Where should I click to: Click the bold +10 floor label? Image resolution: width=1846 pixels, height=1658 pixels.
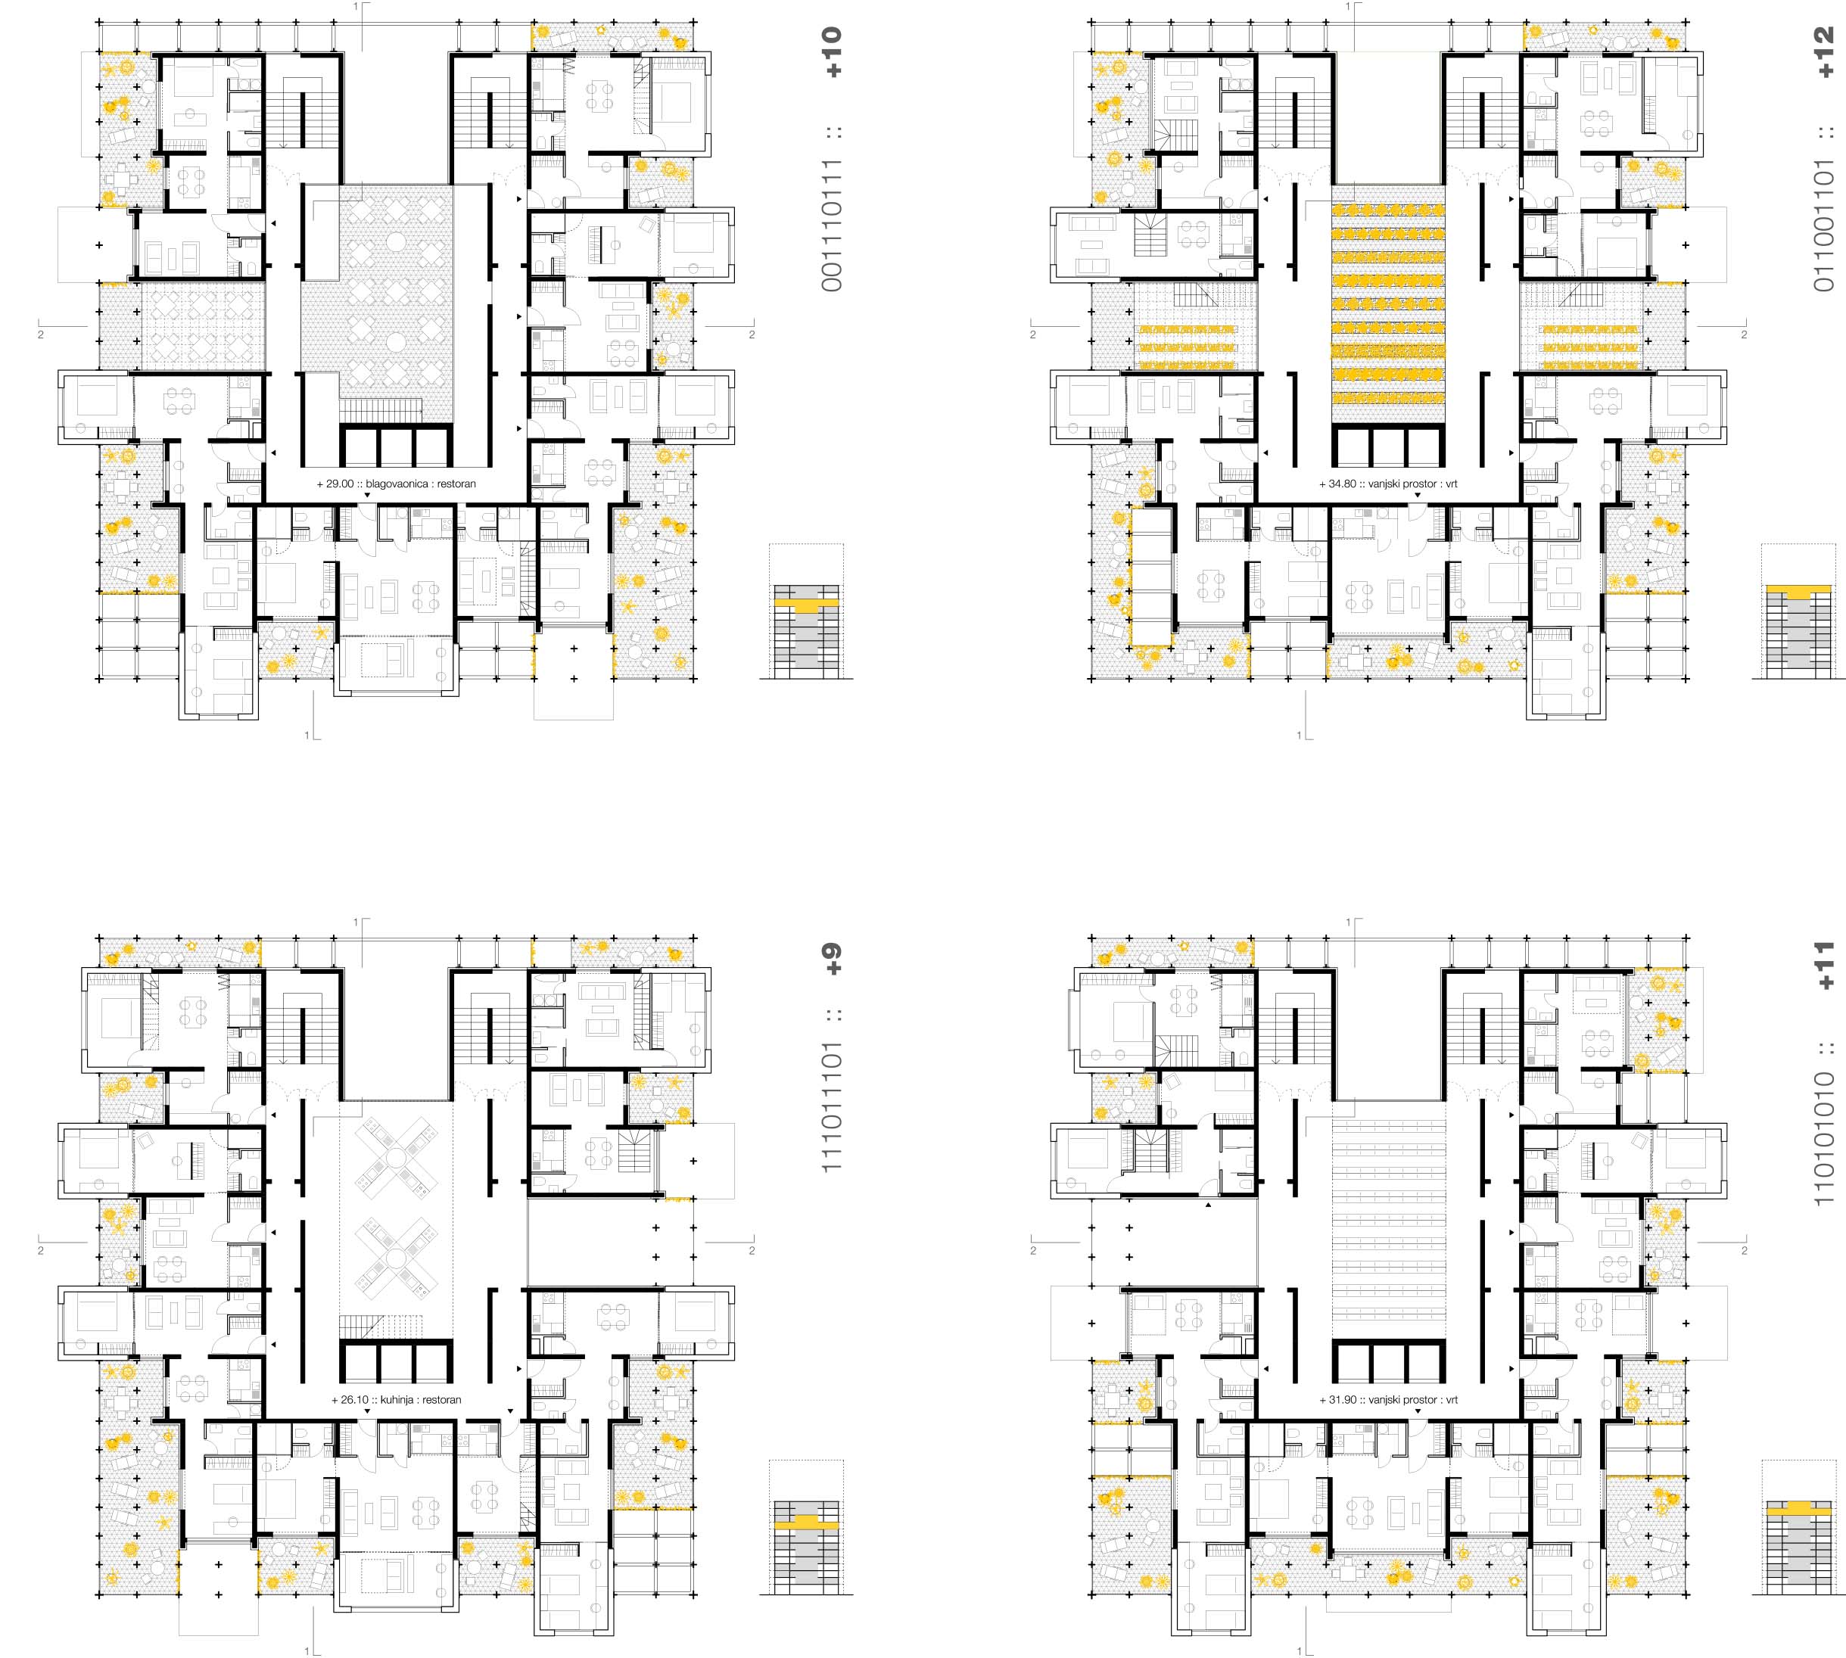click(832, 52)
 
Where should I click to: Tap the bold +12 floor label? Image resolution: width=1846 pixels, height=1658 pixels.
click(1824, 52)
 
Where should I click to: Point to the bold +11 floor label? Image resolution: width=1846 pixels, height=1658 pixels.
click(1824, 965)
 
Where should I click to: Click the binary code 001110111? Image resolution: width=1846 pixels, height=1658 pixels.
click(832, 226)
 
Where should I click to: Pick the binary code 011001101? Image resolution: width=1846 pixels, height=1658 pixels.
click(1824, 226)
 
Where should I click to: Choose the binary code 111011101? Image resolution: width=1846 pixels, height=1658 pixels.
click(832, 1107)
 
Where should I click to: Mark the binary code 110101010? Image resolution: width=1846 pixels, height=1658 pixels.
click(1824, 1139)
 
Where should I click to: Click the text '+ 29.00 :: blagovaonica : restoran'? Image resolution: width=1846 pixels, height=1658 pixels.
click(397, 484)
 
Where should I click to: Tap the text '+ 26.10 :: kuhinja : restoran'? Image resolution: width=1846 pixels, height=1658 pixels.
click(397, 1399)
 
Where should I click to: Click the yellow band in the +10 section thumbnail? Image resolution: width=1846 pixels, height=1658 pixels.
click(805, 603)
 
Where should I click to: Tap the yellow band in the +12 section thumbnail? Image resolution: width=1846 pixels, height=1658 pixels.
click(1798, 589)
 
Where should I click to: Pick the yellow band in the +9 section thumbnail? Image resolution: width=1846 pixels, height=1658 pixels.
click(805, 1520)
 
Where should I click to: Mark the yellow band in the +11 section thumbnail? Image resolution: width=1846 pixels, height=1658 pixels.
click(1798, 1507)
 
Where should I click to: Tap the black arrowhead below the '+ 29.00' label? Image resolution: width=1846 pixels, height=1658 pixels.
click(366, 496)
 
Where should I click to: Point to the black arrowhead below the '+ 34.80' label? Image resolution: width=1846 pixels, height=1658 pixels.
click(1417, 496)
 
